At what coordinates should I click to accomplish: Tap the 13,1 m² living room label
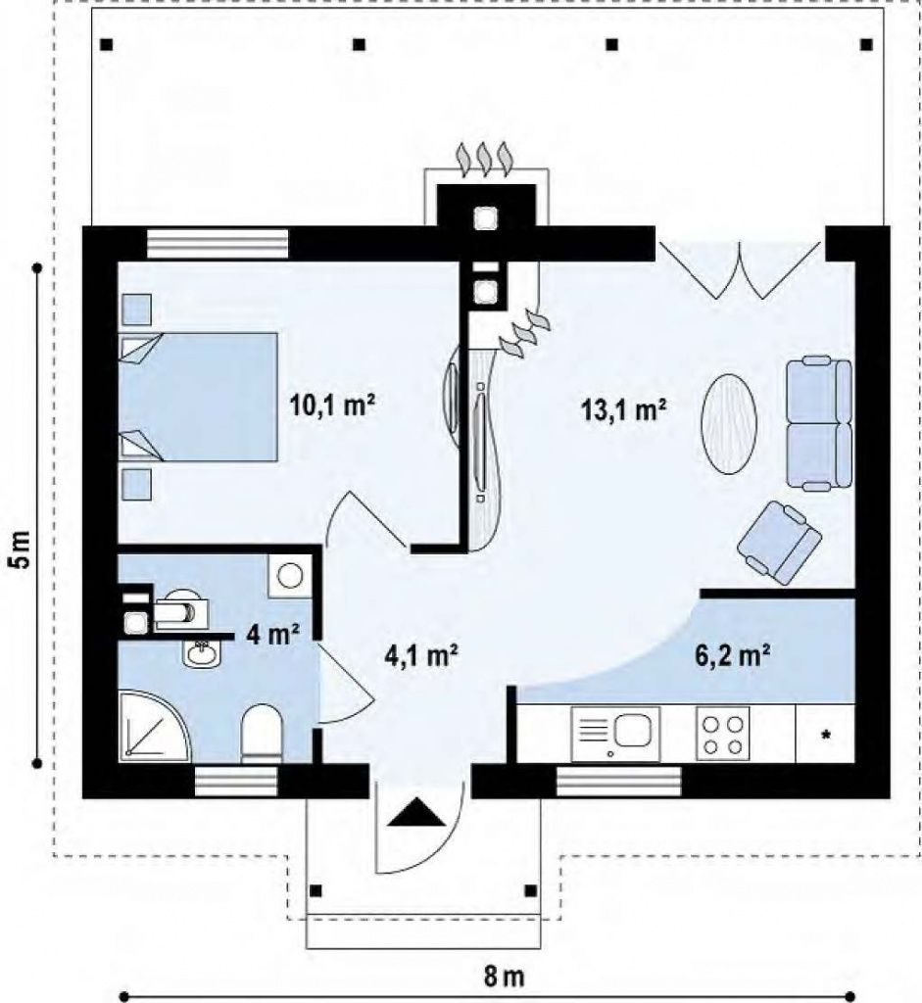[624, 409]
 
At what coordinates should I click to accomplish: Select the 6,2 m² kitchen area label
[732, 655]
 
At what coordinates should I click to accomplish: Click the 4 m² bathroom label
[273, 634]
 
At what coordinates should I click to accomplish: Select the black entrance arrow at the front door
[415, 814]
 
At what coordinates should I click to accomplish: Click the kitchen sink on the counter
[615, 734]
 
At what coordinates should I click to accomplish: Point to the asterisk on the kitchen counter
[826, 736]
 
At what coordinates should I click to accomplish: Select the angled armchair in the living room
[779, 543]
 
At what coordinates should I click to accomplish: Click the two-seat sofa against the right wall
[819, 423]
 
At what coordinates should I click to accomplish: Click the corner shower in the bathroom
[155, 726]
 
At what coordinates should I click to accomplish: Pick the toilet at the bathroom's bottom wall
[262, 735]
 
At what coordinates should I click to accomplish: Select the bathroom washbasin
[202, 653]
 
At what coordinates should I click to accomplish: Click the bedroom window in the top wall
[218, 243]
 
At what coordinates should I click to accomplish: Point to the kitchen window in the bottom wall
[618, 781]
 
